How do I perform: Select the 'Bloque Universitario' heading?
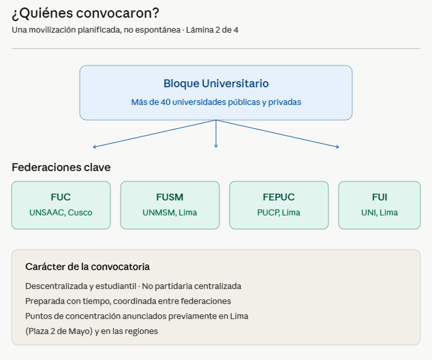point(216,84)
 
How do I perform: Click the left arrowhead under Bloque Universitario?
point(95,147)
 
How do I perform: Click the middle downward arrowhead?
point(216,145)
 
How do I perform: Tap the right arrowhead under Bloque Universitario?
point(337,147)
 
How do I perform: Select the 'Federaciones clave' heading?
point(61,168)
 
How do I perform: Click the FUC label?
point(61,197)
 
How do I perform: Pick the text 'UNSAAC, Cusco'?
point(61,213)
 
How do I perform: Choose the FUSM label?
point(170,197)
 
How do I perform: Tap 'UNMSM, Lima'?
point(170,213)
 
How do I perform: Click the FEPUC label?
point(279,197)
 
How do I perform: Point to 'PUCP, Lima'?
point(279,213)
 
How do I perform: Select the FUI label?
point(380,197)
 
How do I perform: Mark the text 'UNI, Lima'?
point(380,213)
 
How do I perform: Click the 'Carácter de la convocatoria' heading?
point(87,267)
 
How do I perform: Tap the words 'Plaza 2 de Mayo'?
point(59,331)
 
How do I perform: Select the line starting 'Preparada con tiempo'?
point(128,301)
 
